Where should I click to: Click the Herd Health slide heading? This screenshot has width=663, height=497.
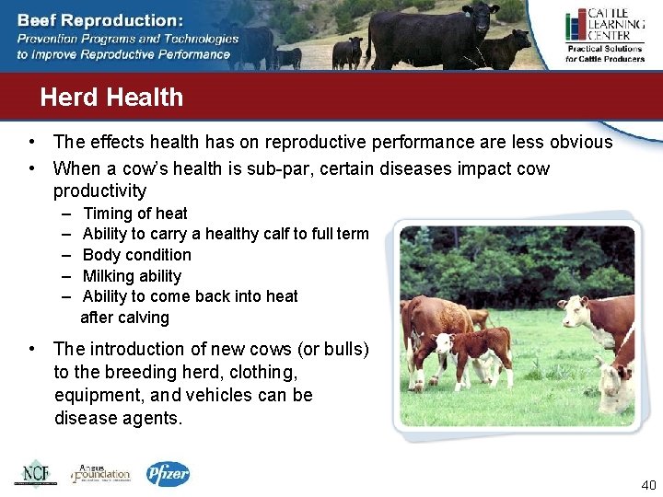111,98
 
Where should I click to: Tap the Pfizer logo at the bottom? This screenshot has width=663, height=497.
169,474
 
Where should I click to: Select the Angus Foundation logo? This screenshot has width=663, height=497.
101,473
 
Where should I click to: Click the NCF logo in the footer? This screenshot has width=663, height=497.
35,473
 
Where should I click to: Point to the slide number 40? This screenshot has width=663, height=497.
646,486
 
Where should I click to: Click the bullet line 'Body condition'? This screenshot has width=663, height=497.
136,255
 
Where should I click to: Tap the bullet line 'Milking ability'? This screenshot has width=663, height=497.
132,276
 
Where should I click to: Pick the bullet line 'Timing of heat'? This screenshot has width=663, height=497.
134,214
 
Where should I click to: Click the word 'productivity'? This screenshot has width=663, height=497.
99,191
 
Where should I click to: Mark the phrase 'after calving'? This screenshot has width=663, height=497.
125,318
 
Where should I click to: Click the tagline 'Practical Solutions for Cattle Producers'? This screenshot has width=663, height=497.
604,53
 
